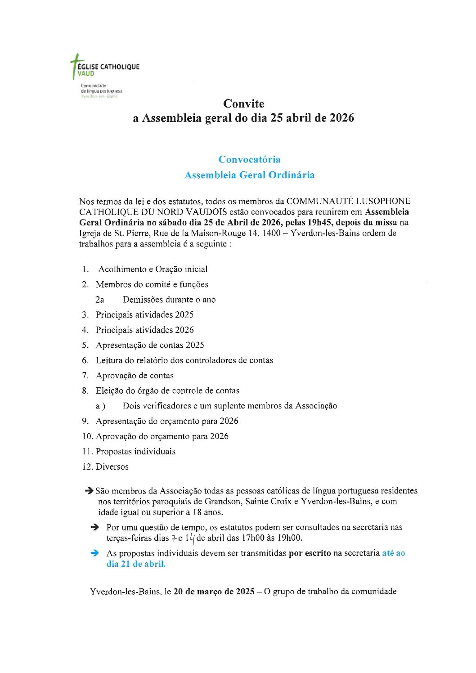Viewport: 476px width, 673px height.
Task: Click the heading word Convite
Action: pos(243,103)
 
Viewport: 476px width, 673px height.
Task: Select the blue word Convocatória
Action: pos(249,159)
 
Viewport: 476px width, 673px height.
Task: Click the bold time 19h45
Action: pos(320,222)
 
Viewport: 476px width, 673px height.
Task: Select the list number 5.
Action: pos(85,345)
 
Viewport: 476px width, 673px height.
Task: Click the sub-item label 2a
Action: pos(99,300)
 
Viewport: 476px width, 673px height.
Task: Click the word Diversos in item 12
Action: pos(112,467)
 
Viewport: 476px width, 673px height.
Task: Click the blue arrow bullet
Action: pos(94,553)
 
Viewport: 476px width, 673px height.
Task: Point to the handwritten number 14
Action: pos(189,538)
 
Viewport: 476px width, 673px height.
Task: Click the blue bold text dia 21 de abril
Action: pos(136,564)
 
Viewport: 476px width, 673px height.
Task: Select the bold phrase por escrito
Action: pos(310,553)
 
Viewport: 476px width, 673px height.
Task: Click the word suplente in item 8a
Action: pos(229,406)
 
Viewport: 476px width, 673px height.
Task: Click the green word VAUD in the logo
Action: pos(86,73)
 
